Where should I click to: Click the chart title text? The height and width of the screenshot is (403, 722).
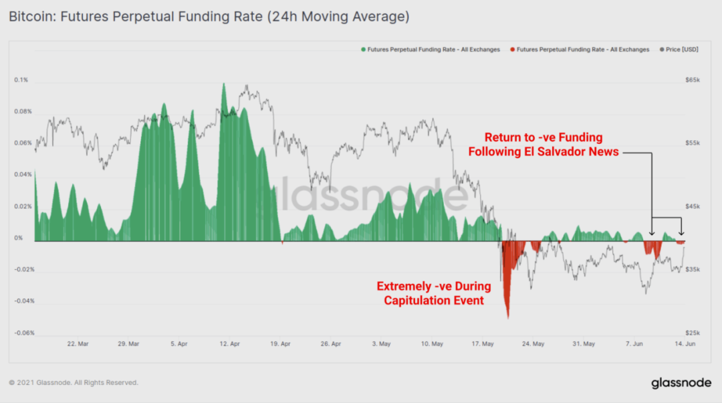coord(209,17)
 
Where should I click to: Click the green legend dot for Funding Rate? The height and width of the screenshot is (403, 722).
coord(363,50)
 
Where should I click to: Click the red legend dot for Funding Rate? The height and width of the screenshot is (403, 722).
coord(512,50)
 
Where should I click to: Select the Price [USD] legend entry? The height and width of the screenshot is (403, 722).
coord(681,50)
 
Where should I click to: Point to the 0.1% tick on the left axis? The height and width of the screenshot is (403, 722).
coord(21,80)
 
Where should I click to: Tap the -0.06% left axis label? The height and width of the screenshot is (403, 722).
coord(24,333)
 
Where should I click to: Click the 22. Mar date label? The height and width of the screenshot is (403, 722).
coord(78,344)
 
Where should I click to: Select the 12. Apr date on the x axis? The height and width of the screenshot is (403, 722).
coord(230,344)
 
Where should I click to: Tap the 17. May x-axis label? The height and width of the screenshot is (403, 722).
coord(483,344)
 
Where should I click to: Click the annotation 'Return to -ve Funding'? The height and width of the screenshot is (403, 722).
coord(544,145)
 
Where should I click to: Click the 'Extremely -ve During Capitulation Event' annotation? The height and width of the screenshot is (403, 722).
coord(433,293)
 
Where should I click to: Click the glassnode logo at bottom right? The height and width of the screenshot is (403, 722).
coord(681,383)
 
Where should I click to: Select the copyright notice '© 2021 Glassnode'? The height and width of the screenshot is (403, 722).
coord(74,383)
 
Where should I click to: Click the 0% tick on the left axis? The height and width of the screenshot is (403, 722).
coord(19,238)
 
